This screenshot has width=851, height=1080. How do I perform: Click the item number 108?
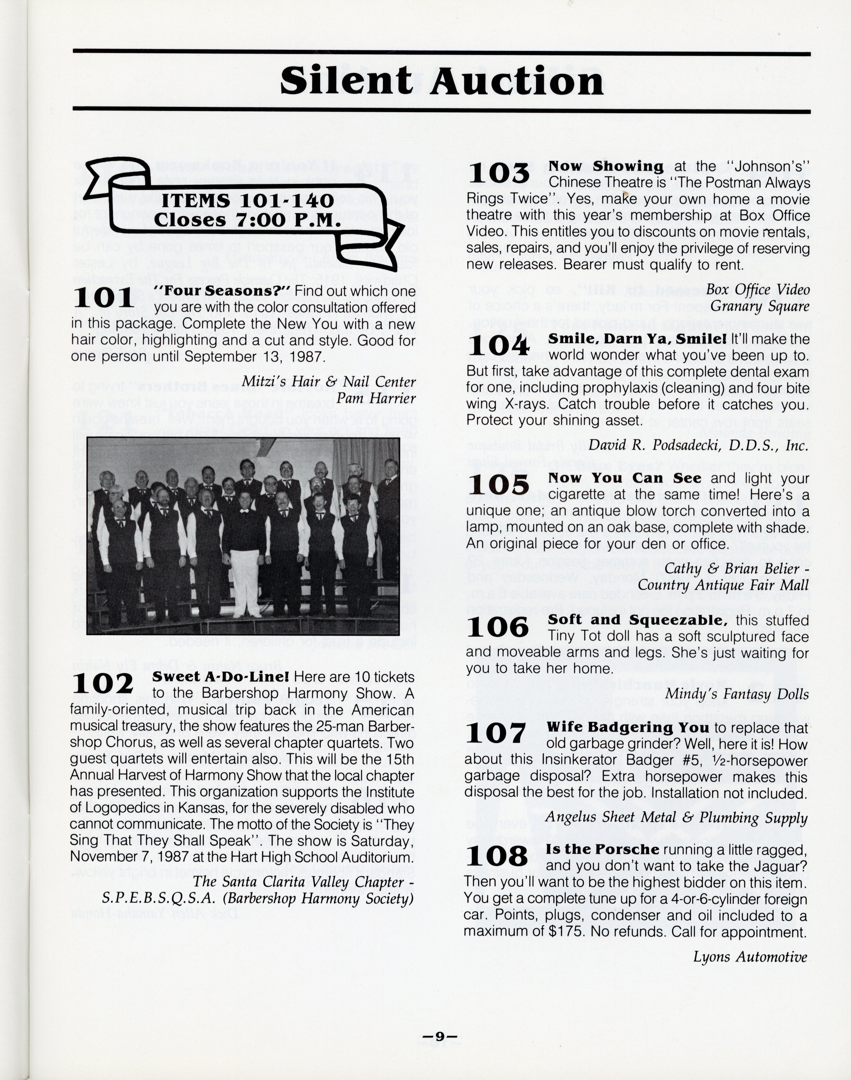click(x=497, y=855)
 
